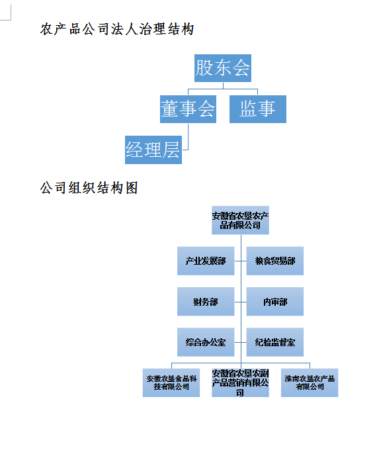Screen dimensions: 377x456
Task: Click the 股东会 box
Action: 223,68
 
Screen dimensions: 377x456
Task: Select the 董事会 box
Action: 188,109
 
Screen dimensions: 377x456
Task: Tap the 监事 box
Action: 258,109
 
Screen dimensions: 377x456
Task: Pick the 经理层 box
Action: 153,150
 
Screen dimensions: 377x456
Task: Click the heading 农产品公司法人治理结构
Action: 117,29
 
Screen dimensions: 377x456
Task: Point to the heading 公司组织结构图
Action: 89,188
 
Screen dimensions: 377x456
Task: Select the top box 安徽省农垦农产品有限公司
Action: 240,220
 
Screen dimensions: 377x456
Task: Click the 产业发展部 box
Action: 206,261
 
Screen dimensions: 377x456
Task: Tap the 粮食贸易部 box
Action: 275,261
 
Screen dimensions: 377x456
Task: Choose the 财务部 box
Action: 206,302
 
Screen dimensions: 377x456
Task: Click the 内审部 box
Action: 275,302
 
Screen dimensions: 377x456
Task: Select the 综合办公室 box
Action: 206,342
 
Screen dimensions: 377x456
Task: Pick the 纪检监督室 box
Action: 275,342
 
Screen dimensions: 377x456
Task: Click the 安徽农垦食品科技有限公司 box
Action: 171,383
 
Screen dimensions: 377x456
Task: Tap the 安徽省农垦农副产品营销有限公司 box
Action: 240,383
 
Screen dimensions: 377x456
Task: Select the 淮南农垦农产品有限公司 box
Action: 310,383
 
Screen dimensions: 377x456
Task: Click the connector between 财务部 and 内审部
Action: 240,302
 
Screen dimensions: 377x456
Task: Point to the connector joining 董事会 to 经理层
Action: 188,137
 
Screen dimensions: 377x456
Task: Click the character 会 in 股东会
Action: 241,68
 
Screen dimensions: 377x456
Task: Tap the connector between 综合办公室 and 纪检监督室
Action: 240,342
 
